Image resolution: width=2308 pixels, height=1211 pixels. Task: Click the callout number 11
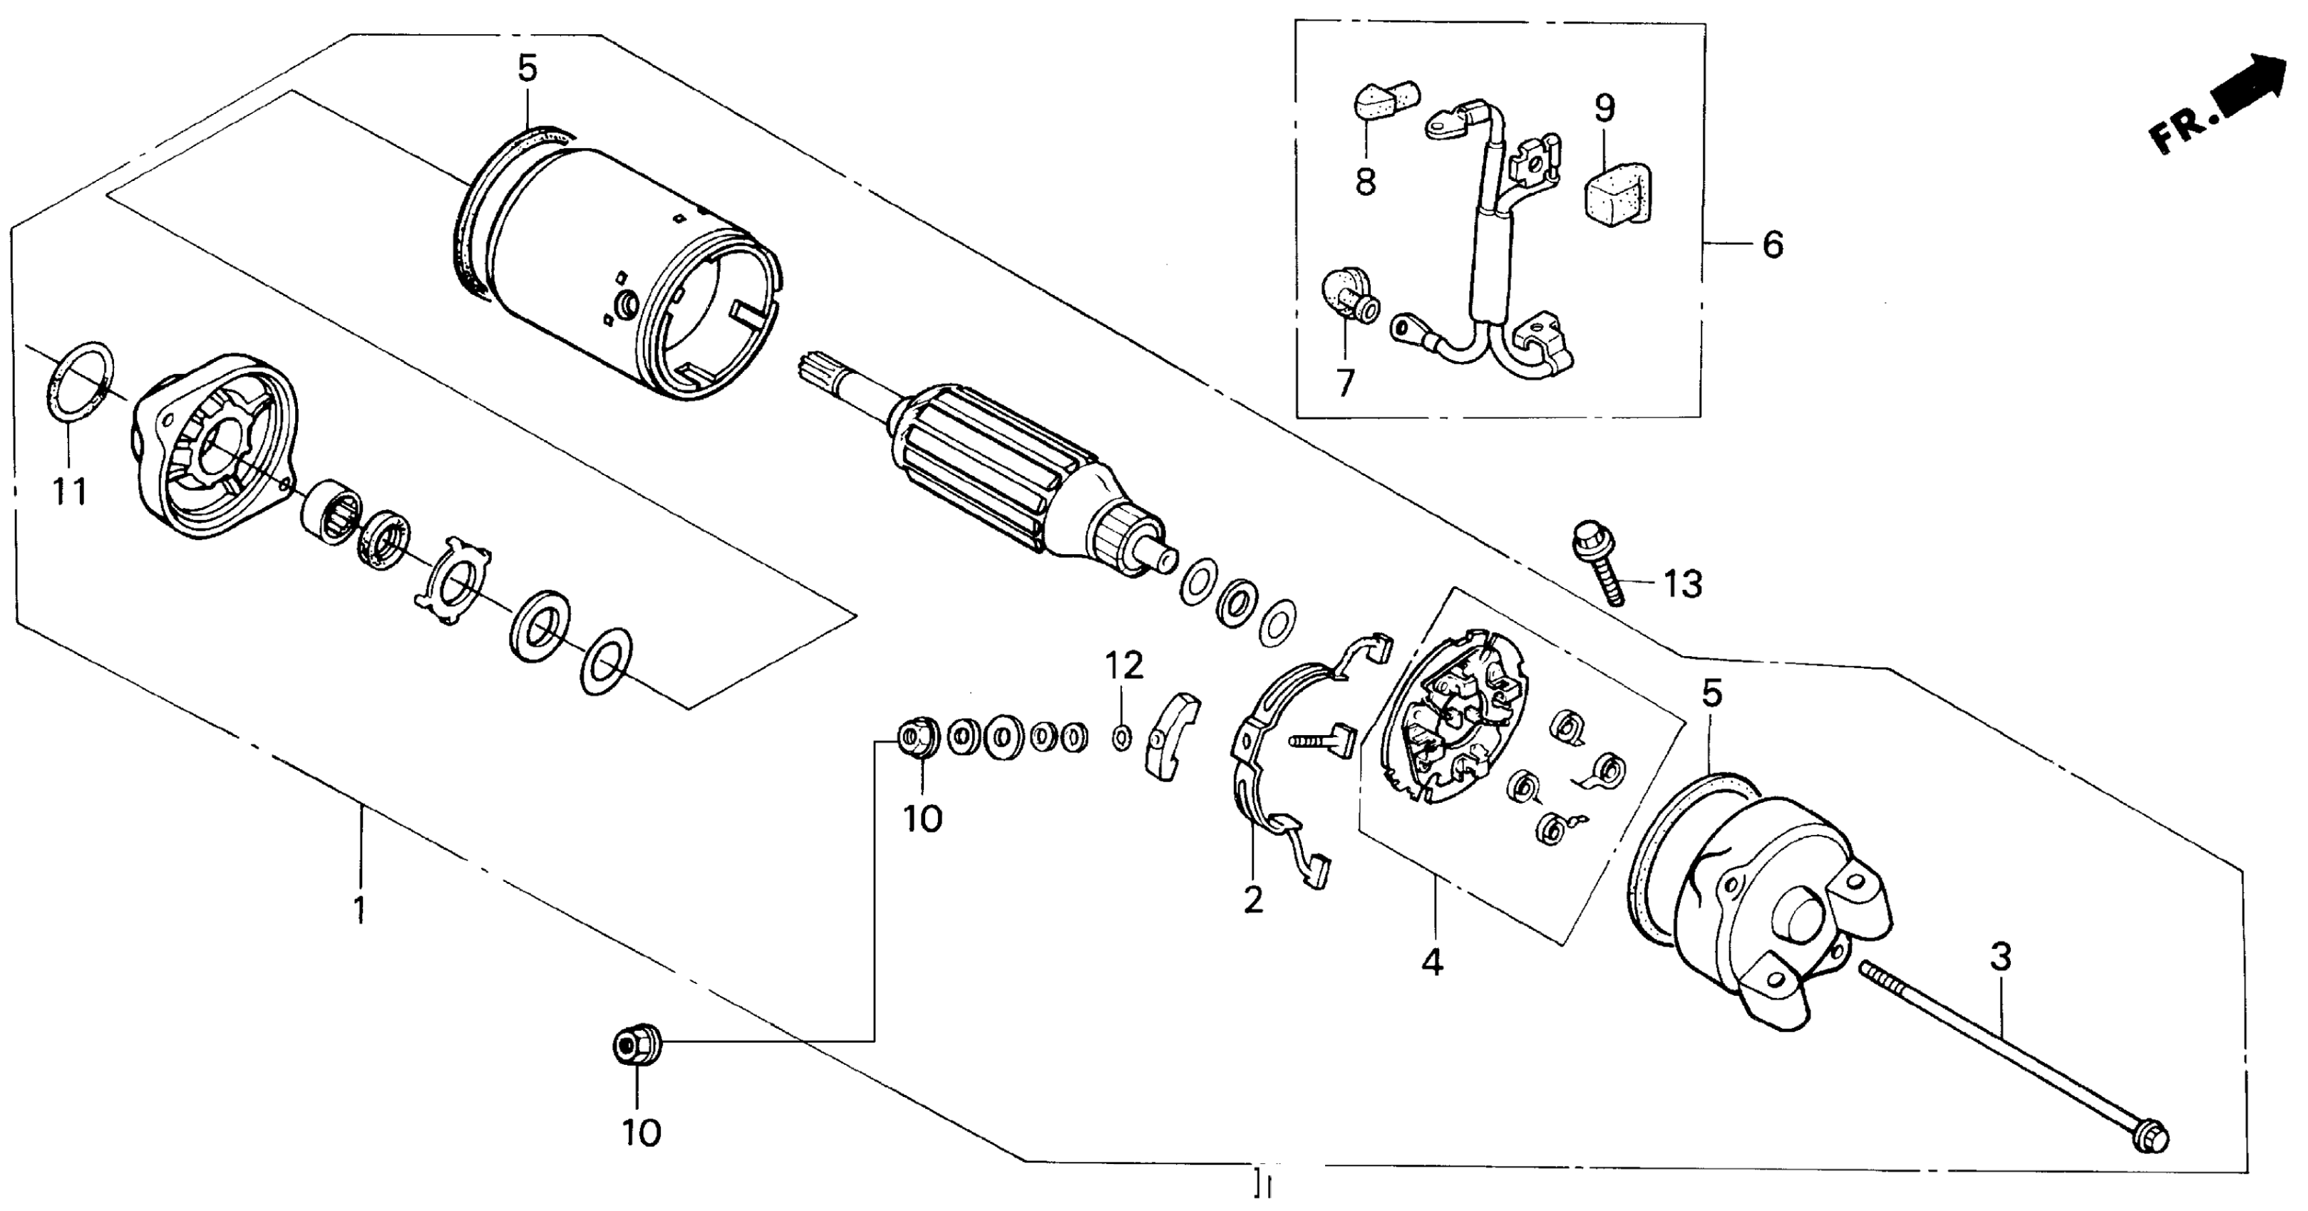70,492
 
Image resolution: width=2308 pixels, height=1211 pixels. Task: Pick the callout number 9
1604,108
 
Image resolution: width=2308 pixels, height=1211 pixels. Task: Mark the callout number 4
1432,963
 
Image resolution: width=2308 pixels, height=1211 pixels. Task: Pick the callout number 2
1252,899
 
